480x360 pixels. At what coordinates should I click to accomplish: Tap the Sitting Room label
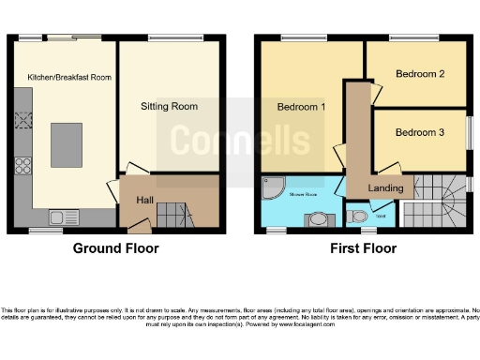click(169, 106)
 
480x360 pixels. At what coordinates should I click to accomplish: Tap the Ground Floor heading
click(116, 248)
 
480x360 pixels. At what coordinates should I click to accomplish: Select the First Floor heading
click(363, 248)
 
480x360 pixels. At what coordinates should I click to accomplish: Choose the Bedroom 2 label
click(419, 73)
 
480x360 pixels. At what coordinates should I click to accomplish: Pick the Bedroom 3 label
click(419, 132)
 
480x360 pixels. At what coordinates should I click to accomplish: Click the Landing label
click(385, 187)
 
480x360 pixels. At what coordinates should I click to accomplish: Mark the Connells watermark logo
click(239, 141)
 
